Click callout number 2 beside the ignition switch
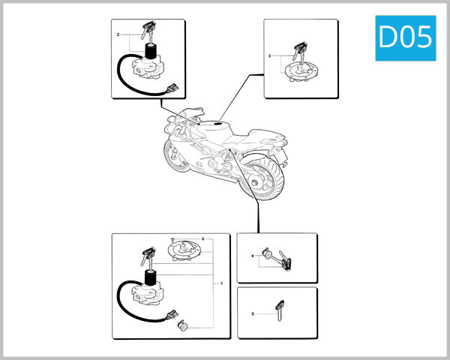pos(118,35)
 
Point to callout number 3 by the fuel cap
pos(270,56)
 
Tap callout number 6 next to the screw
pos(203,238)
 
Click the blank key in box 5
pos(280,308)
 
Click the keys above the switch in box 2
pos(148,30)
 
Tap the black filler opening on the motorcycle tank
pos(218,124)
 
